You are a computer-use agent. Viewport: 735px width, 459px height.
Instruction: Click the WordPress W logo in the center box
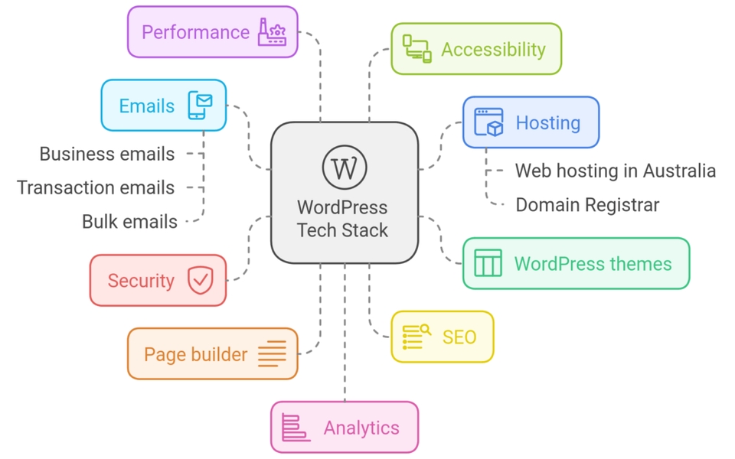[345, 168]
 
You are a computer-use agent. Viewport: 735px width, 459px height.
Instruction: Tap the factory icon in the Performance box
[272, 32]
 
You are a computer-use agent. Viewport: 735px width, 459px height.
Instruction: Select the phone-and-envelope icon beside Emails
[201, 106]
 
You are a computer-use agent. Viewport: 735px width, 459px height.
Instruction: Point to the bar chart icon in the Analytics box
[295, 428]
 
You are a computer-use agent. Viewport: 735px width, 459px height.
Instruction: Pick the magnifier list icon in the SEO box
[416, 337]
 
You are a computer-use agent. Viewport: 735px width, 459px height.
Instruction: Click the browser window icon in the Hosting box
[489, 122]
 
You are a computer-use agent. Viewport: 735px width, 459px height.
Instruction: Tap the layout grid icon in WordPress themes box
[488, 263]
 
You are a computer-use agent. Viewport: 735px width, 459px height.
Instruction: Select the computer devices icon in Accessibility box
[417, 49]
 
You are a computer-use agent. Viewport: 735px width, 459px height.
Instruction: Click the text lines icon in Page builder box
[272, 354]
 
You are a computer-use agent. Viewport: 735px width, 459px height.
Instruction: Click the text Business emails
[107, 154]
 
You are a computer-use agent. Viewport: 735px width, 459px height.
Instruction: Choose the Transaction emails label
[96, 187]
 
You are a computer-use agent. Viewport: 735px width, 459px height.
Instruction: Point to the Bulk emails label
[129, 222]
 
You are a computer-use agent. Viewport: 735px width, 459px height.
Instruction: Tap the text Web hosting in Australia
[615, 170]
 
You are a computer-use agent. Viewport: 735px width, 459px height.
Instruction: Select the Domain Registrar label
[587, 204]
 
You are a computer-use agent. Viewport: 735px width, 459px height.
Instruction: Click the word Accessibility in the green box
[493, 50]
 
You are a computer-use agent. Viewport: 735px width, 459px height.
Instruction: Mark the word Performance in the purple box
[196, 32]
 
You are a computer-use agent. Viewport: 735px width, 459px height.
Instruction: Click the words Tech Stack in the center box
[342, 230]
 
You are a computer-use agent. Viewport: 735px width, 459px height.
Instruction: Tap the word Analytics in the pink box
[361, 428]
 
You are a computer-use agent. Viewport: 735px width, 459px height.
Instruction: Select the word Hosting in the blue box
[547, 122]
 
